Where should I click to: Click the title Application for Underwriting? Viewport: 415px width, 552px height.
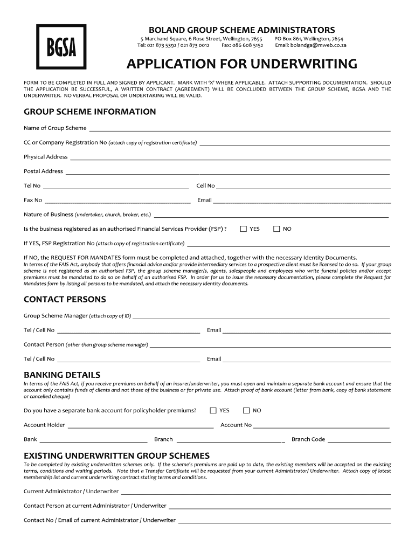click(241, 65)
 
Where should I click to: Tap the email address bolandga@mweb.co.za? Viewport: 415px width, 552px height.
click(319, 45)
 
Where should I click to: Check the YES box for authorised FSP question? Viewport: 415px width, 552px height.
click(244, 229)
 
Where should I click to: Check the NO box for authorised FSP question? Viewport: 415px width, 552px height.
click(276, 229)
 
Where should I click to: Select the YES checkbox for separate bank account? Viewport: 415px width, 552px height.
click(213, 410)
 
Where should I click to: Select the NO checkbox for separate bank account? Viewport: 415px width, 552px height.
click(246, 410)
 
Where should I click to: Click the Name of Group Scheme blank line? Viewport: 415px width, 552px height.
click(239, 130)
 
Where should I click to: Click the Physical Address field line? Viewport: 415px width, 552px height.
click(230, 158)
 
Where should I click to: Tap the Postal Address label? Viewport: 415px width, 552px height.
click(43, 171)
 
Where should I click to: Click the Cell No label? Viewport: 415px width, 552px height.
click(205, 186)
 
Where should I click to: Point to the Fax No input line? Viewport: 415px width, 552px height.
click(117, 202)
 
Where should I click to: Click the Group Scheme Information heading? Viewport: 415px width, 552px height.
click(90, 112)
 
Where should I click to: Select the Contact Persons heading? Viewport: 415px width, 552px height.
click(65, 299)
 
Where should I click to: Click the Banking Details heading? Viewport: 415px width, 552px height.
click(62, 375)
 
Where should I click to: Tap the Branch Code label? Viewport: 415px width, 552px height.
click(308, 439)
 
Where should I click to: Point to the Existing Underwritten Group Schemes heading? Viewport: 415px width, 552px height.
click(116, 455)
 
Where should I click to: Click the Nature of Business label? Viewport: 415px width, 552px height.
click(49, 215)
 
